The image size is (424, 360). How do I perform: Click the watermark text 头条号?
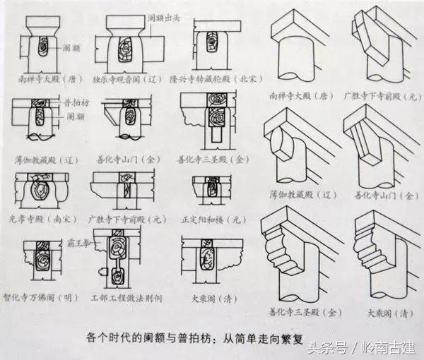332,347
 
